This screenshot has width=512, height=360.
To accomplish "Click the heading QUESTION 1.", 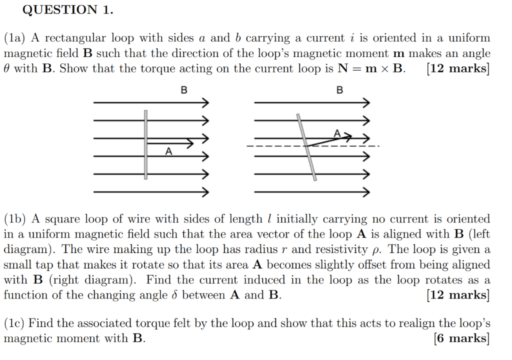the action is [x=68, y=9].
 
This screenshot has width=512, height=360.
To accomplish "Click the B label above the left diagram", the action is [x=184, y=90].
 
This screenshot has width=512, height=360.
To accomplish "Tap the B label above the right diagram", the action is [x=340, y=90].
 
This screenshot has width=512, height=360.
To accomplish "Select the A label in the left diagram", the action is [x=168, y=151].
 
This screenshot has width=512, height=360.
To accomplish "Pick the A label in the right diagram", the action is [x=337, y=133].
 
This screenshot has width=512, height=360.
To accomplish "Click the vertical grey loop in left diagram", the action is [x=145, y=145].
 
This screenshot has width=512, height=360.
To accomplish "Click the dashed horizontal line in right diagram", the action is [x=270, y=146].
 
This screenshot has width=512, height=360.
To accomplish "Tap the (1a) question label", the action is [x=16, y=38].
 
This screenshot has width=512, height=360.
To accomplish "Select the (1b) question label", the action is [x=16, y=219].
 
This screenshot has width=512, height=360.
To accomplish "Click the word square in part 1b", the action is [x=62, y=219].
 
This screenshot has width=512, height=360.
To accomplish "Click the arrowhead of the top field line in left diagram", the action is [x=204, y=102].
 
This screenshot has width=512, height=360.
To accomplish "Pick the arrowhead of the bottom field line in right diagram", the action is [x=366, y=192].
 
